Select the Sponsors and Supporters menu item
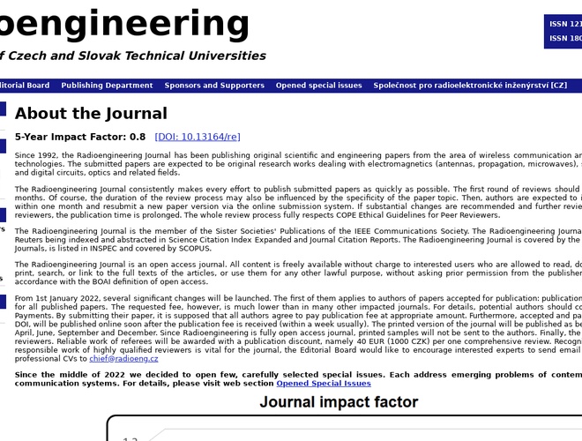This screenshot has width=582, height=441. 214,86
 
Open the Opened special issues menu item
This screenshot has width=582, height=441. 318,86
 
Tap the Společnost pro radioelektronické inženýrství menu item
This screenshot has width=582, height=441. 470,86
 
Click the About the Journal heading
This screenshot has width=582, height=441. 91,114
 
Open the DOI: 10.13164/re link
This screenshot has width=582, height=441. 198,137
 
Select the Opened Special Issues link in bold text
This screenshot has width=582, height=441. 324,384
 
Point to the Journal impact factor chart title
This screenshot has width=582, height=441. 339,403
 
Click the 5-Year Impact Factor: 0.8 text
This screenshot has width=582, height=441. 80,137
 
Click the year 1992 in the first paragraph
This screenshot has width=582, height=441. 47,154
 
